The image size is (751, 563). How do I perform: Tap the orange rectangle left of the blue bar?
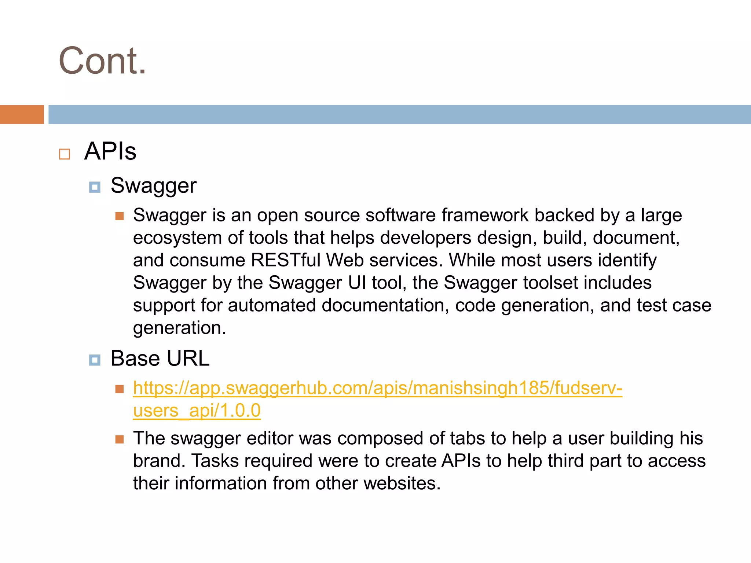(22, 114)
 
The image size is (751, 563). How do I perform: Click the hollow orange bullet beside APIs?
(65, 154)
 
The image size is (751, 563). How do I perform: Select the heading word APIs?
(110, 151)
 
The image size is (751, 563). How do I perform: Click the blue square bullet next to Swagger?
(95, 187)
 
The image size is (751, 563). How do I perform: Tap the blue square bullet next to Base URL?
(95, 360)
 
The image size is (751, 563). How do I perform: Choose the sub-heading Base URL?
(160, 358)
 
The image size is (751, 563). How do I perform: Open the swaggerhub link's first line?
(377, 388)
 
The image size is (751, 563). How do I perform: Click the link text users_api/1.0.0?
(197, 410)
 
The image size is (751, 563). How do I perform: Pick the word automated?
(271, 305)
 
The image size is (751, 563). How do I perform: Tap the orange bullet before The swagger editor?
(120, 439)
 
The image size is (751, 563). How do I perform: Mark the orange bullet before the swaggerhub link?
(120, 389)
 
